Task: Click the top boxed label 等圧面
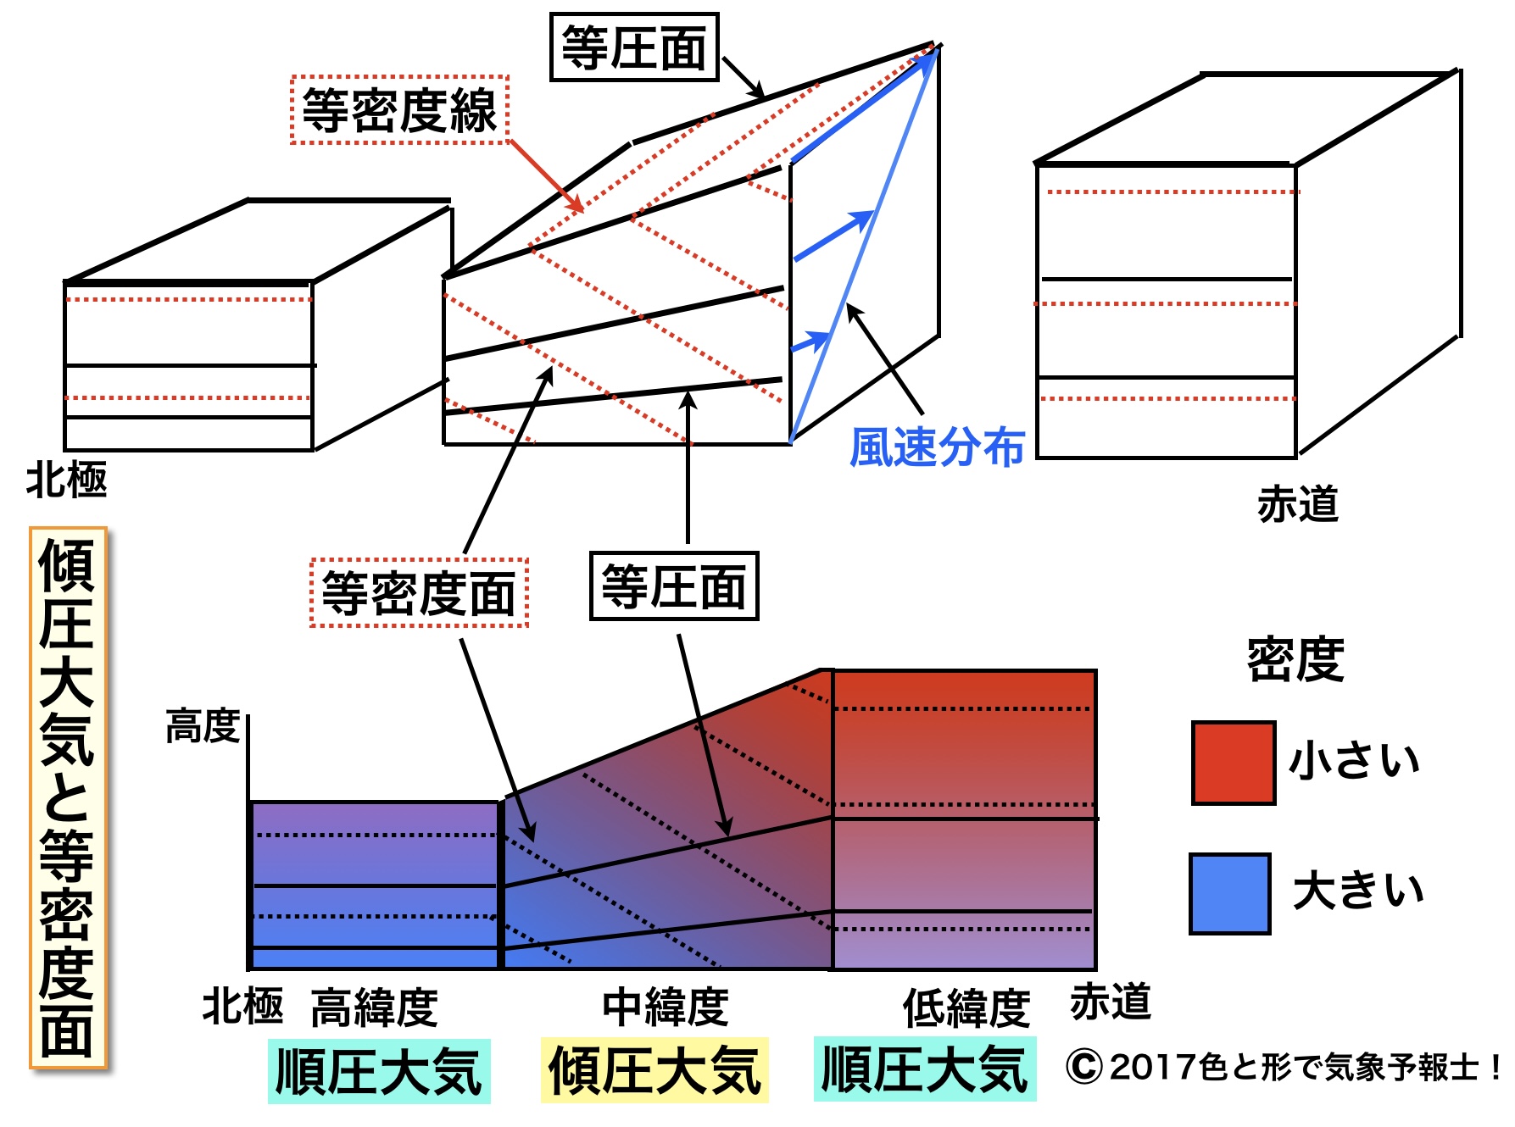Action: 634,47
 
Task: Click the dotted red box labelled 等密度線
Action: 399,110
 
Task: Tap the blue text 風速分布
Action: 937,447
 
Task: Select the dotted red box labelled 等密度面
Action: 419,593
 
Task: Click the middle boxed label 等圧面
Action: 674,586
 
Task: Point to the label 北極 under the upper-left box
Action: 67,480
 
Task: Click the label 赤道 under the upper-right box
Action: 1297,504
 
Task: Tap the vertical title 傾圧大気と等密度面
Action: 68,797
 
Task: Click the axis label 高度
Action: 203,727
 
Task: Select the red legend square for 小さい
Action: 1233,763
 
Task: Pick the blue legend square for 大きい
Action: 1229,893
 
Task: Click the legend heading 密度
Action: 1295,659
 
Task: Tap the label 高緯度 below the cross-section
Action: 374,1008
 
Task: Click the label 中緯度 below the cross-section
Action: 666,1008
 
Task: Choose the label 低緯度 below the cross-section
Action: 966,1008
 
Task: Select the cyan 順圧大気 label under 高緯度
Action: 379,1071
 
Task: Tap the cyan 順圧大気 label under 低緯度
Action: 925,1069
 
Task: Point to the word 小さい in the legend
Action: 1354,761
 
